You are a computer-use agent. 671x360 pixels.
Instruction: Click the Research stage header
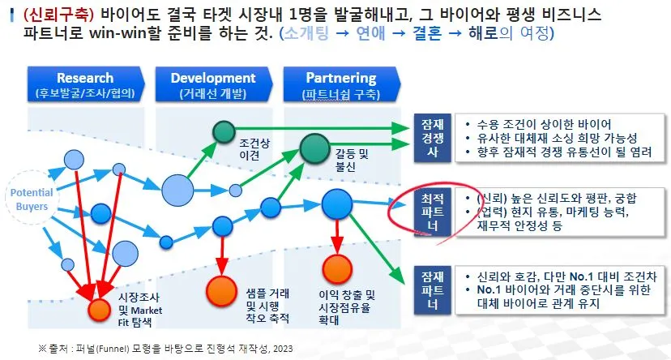(x=85, y=84)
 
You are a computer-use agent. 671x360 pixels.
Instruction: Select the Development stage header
(x=213, y=84)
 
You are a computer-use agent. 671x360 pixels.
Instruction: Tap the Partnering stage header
(x=340, y=84)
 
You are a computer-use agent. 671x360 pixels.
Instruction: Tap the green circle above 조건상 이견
(x=224, y=131)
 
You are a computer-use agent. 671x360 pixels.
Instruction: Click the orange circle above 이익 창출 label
(x=335, y=269)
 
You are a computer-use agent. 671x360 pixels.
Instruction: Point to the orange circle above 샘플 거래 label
(x=220, y=288)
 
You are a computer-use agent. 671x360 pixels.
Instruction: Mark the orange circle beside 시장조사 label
(x=98, y=309)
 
